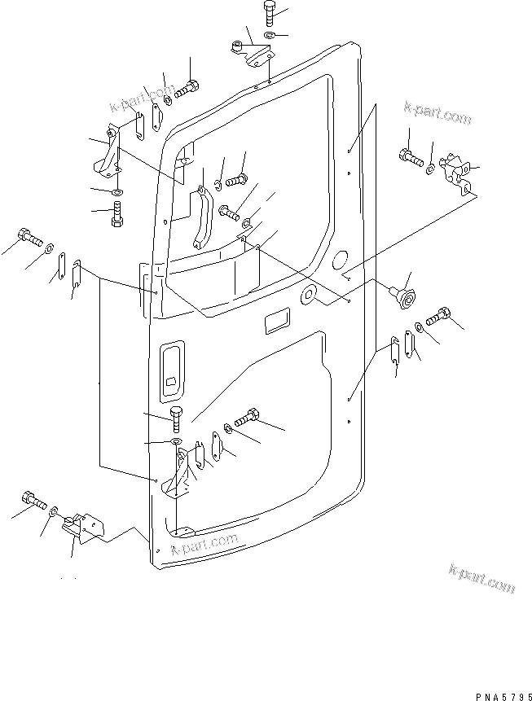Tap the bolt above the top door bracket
[x=270, y=14]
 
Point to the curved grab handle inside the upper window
[x=200, y=217]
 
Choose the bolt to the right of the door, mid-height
[x=438, y=313]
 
